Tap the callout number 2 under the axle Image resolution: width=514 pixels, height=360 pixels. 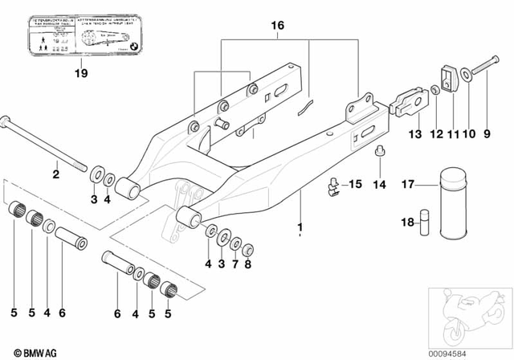coord(55,174)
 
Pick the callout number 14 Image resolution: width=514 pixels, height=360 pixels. coord(380,185)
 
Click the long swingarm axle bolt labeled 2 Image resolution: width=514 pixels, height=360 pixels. coord(44,141)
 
